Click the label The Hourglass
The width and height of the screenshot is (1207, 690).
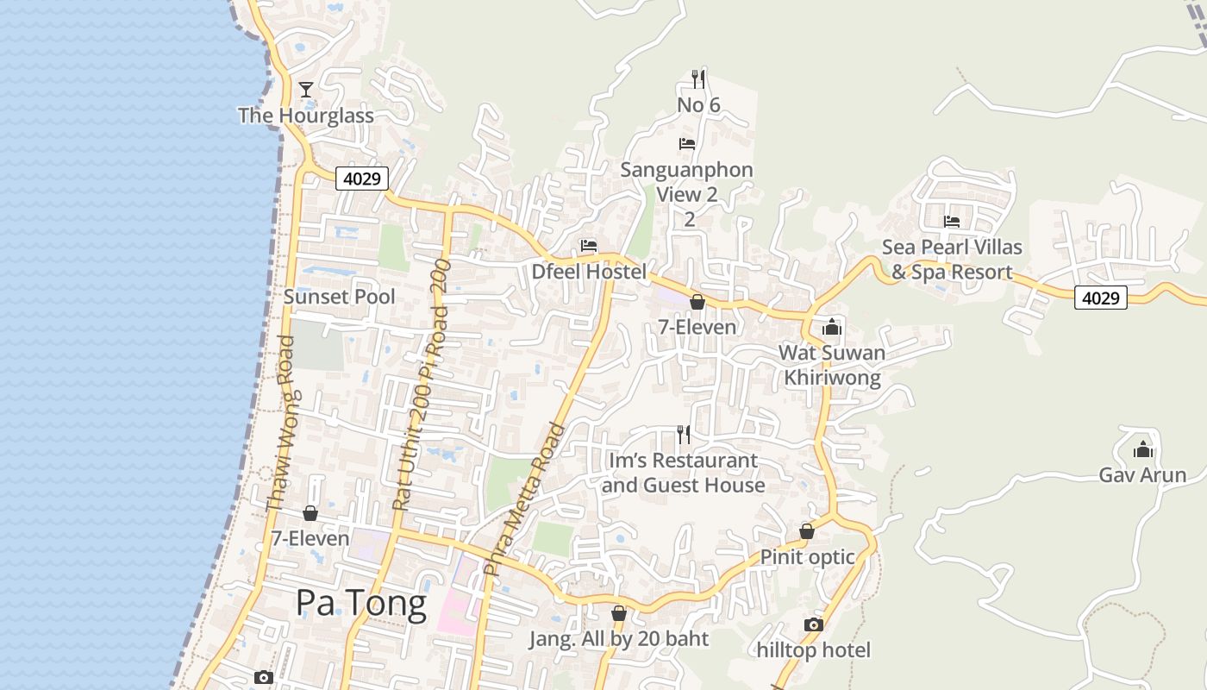pos(306,116)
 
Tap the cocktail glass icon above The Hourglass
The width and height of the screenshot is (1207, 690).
pos(305,89)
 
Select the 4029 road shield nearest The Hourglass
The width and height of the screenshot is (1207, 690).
pos(362,179)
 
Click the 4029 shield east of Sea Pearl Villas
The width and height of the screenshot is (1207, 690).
pos(1101,298)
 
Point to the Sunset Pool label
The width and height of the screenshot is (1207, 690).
pos(340,297)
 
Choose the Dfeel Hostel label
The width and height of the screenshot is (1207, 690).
pos(589,272)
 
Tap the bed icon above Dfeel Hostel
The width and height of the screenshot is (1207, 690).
pos(589,246)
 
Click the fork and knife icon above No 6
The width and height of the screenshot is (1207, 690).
pos(698,79)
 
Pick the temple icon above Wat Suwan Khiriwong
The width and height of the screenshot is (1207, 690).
pos(832,327)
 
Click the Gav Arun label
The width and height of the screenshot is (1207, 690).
pos(1142,475)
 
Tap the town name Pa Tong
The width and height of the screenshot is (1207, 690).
pos(361,603)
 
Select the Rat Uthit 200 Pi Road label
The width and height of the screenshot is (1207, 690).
pos(422,384)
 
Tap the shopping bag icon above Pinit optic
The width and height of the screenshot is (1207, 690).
pos(807,531)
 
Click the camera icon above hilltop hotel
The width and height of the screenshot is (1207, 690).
pos(813,624)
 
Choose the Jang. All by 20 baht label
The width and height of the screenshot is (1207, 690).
pos(618,639)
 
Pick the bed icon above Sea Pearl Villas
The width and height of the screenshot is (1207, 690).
pos(952,222)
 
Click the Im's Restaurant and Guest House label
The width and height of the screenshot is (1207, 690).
pos(683,473)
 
